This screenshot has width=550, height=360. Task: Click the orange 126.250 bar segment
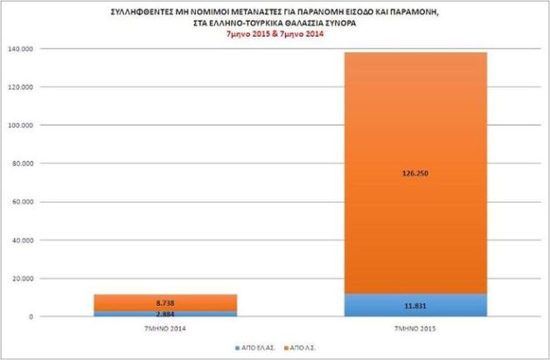pos(411,131)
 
